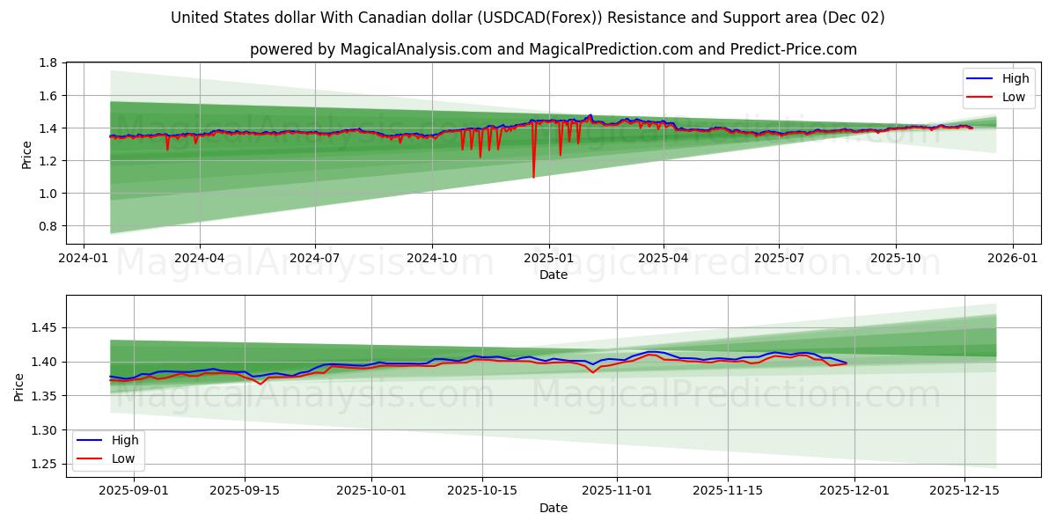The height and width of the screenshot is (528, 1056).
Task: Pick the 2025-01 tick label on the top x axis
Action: [548, 260]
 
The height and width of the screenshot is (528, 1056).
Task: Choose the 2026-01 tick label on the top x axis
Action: [1012, 260]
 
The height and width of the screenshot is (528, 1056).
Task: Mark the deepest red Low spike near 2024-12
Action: [533, 177]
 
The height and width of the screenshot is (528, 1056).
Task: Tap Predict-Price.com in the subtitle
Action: [794, 49]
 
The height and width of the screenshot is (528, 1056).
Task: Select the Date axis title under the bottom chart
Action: [554, 508]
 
